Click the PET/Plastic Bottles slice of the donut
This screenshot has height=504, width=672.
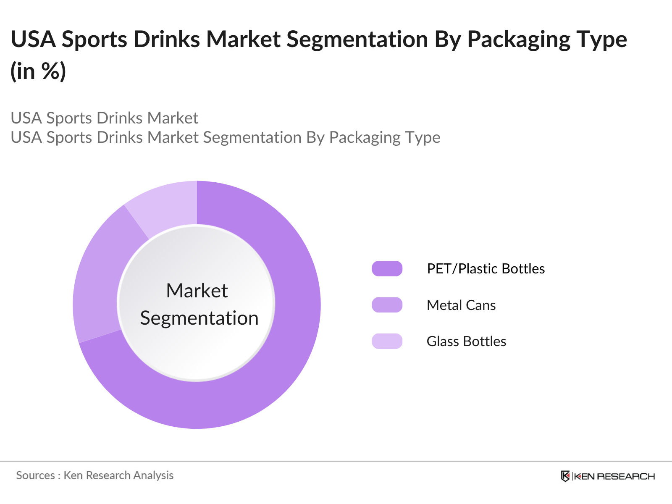point(273,357)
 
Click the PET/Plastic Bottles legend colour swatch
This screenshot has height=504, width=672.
point(387,268)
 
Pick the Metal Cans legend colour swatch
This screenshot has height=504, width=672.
point(387,305)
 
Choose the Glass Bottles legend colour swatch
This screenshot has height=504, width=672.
point(387,341)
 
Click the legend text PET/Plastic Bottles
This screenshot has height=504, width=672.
point(486,269)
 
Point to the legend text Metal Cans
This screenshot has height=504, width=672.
point(461,305)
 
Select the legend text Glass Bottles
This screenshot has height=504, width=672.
point(466,341)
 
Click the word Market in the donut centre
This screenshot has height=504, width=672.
point(197,291)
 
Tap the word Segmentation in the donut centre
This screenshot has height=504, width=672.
point(199,318)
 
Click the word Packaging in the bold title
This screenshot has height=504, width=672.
point(519,40)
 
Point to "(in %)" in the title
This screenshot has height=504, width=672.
point(38,71)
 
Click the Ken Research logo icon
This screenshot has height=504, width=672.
point(565,476)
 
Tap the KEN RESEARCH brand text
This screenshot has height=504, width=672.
point(614,476)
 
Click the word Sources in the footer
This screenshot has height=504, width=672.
point(35,475)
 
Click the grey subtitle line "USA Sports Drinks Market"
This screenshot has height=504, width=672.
point(104,118)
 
